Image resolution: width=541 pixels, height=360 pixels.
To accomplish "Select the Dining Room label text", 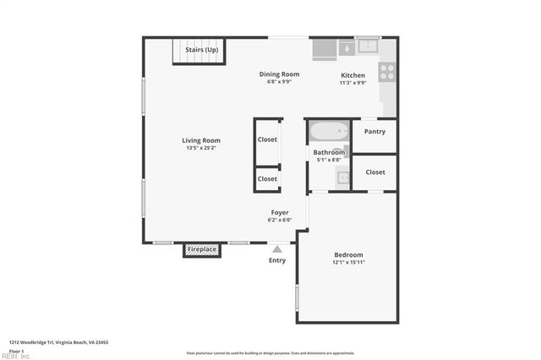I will tap(279, 74).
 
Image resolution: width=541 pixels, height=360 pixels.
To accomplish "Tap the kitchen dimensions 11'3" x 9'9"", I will tap(352, 83).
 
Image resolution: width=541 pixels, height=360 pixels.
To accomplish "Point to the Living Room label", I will tap(201, 140).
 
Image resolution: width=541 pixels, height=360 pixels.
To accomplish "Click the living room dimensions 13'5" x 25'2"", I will tap(201, 149).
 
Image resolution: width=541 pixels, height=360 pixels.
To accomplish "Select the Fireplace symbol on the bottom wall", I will tap(202, 250).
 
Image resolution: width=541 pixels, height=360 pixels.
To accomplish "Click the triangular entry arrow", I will tap(276, 248).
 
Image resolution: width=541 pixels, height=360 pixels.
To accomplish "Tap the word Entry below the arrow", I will tap(277, 260).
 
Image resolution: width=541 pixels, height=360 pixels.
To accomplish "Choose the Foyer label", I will tap(280, 212).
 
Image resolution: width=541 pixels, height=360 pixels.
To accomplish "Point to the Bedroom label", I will tap(347, 254).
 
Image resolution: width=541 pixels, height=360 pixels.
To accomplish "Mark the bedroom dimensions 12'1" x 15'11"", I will tap(347, 263).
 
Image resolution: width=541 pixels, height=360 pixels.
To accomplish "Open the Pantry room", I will tap(374, 132).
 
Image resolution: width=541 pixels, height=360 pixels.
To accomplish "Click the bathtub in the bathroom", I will tap(328, 132).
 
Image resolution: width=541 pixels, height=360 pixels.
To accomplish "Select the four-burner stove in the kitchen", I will tap(387, 71).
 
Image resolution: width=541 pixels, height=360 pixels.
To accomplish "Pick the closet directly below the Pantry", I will tap(374, 172).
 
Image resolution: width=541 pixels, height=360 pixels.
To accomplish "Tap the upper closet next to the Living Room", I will tap(267, 139).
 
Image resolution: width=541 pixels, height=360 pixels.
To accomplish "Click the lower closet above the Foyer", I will tap(267, 179).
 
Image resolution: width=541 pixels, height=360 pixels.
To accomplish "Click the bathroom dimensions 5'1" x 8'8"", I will tap(329, 160).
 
